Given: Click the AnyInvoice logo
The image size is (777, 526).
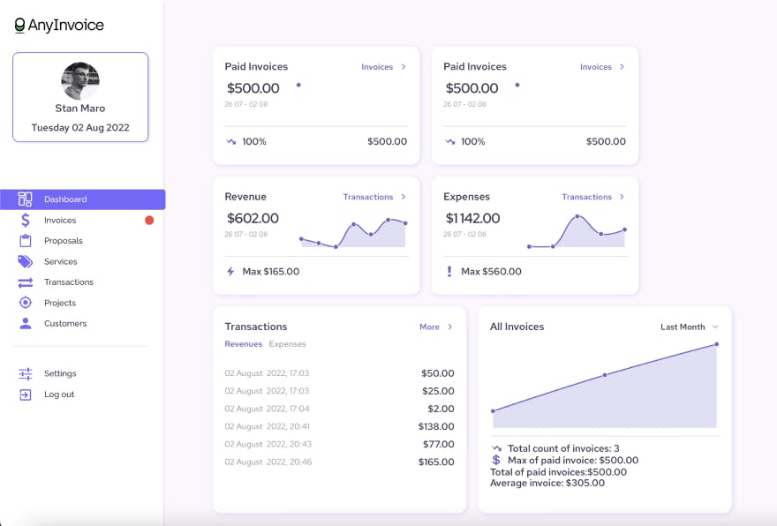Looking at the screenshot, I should pyautogui.click(x=59, y=26).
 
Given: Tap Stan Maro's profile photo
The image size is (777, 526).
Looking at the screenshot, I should pyautogui.click(x=80, y=81).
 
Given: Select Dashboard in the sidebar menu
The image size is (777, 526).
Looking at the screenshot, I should pyautogui.click(x=65, y=199).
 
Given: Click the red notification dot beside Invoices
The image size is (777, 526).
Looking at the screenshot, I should pyautogui.click(x=149, y=221).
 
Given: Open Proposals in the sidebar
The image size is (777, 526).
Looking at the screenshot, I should pyautogui.click(x=63, y=241).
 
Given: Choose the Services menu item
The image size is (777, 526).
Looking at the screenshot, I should pyautogui.click(x=60, y=262).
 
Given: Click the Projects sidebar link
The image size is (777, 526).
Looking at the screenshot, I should pyautogui.click(x=59, y=303).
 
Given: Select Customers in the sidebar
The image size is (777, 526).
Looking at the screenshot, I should pyautogui.click(x=65, y=324).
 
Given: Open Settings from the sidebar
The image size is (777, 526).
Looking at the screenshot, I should pyautogui.click(x=60, y=373).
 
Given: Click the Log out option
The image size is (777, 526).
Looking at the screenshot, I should pyautogui.click(x=59, y=394).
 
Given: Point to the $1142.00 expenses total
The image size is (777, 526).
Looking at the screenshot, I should pyautogui.click(x=472, y=218).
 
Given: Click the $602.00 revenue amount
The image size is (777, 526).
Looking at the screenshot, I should pyautogui.click(x=253, y=218).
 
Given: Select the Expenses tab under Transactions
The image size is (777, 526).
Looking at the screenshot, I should pyautogui.click(x=288, y=344).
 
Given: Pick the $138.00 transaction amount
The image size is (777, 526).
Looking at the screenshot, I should pyautogui.click(x=437, y=426).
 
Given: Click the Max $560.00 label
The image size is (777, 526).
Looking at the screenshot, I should pyautogui.click(x=491, y=272).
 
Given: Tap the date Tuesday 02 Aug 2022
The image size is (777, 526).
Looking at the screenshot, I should pyautogui.click(x=80, y=127).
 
